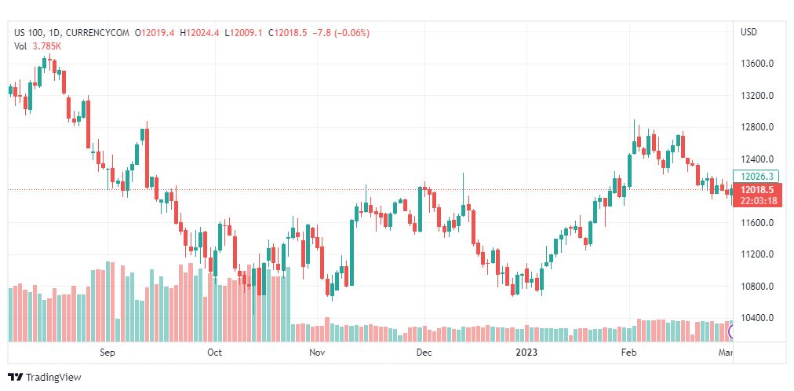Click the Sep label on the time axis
pos(107,353)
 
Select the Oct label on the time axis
pos(214,353)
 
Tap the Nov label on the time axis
pos(317,353)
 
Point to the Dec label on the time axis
pos(424,353)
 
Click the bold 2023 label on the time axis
pos(526,353)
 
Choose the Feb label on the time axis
pos(628,353)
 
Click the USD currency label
pos(748,32)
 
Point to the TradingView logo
pos(45,378)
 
